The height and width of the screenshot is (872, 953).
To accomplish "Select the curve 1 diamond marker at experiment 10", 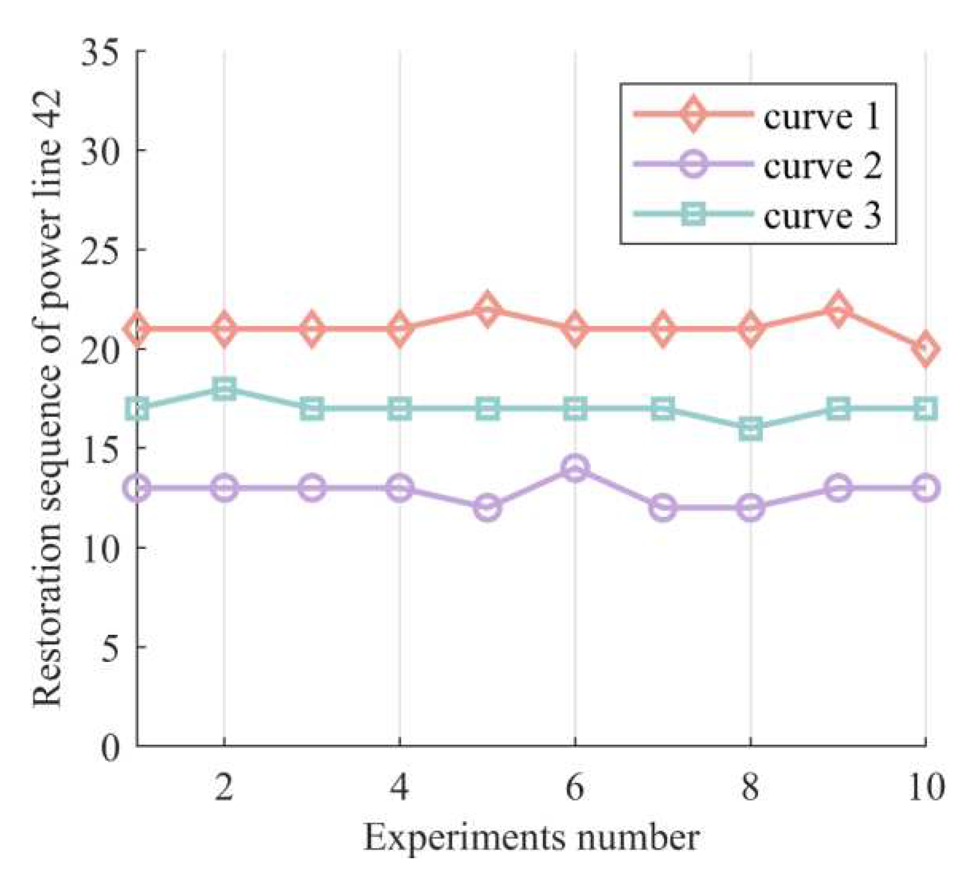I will (925, 349).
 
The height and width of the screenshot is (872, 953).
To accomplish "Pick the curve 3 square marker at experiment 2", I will (224, 389).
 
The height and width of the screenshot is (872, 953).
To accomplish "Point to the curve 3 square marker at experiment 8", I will (750, 429).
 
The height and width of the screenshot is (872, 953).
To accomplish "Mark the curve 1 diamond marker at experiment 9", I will (837, 309).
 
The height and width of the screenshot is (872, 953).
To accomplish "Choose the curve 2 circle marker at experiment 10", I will (925, 487).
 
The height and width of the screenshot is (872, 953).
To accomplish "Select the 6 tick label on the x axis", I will (574, 787).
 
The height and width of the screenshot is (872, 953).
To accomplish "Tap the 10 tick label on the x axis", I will (925, 787).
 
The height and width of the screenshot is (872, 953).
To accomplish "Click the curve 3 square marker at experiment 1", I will (137, 409).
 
